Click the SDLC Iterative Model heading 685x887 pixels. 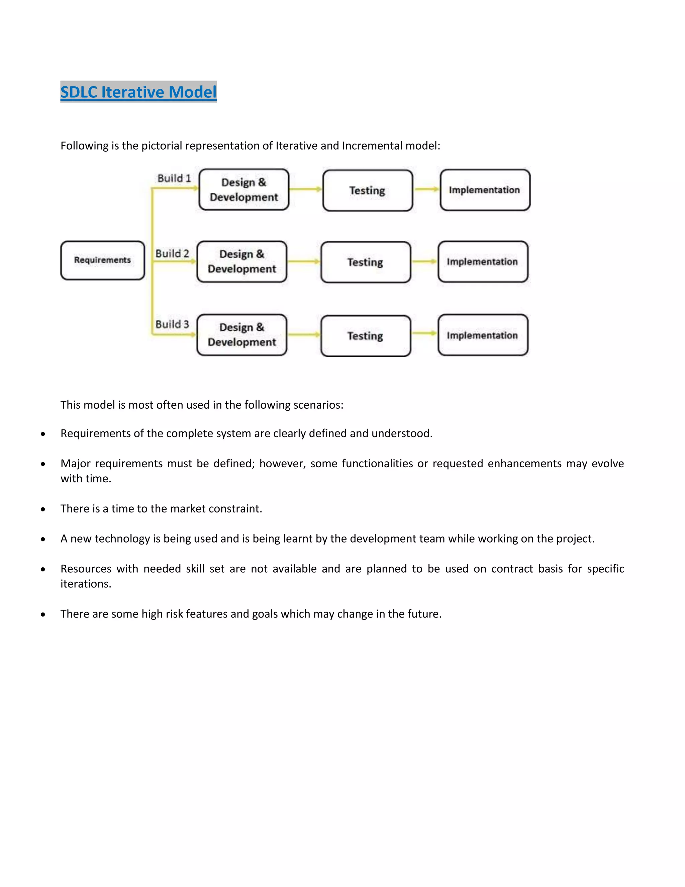tap(138, 92)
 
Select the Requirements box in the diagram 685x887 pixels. tap(103, 260)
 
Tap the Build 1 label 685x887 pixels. tap(174, 178)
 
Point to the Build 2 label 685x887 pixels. tap(172, 253)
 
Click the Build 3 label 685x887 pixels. tap(172, 324)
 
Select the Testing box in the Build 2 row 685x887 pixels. tap(365, 262)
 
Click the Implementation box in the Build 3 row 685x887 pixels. tap(483, 335)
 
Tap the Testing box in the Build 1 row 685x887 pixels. tap(367, 190)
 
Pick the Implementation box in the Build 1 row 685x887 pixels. tap(485, 190)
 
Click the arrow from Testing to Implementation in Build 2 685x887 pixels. tap(424, 261)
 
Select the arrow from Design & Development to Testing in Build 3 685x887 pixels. tap(304, 335)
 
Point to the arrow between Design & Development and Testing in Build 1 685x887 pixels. tap(306, 189)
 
